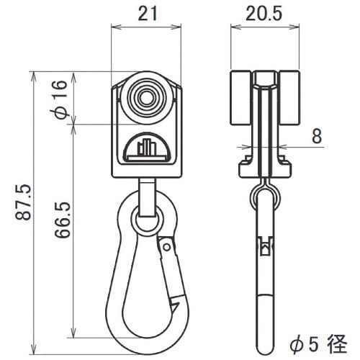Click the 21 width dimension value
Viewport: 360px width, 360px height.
(148, 13)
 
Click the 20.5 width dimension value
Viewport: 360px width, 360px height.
(264, 13)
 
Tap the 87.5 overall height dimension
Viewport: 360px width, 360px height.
(24, 202)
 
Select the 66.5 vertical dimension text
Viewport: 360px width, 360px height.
(63, 220)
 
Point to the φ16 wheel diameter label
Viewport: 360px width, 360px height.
(60, 99)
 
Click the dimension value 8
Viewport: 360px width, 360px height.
(317, 136)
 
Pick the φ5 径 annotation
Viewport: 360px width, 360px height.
(319, 344)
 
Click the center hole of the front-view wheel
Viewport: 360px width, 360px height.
(146, 98)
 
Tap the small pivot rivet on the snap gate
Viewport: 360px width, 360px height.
(166, 247)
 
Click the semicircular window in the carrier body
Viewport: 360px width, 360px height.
(147, 147)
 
